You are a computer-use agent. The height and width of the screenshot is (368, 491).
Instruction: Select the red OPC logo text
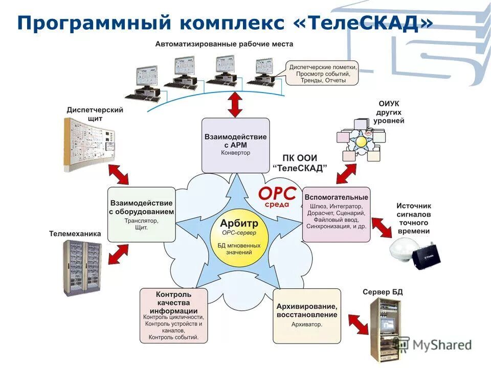[277, 195]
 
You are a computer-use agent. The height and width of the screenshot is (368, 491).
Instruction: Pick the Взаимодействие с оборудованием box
[142, 214]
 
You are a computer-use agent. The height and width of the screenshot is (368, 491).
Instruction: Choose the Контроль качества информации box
[174, 315]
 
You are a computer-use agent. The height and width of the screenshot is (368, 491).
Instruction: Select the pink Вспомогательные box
[336, 214]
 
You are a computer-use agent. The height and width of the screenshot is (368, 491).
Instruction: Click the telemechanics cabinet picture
[82, 265]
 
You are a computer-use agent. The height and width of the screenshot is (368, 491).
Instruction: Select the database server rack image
[383, 327]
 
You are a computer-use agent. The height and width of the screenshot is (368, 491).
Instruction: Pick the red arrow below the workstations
[235, 105]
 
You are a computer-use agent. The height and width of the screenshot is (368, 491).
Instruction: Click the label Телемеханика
[75, 234]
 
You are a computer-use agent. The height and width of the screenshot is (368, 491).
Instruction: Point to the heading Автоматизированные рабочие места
[225, 44]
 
